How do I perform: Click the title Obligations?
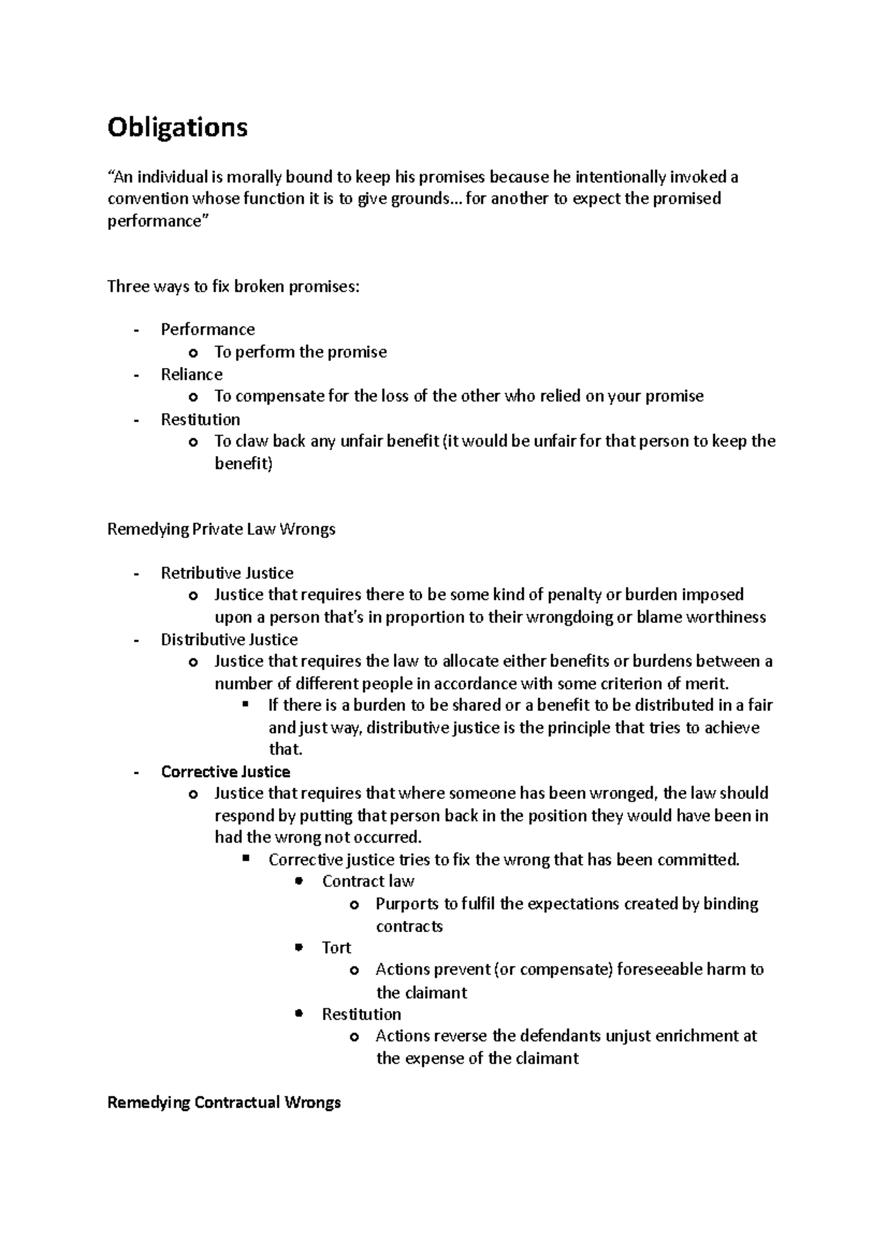point(177,128)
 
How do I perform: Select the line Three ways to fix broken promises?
point(234,287)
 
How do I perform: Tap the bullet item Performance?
point(208,330)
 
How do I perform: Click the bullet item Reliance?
point(191,375)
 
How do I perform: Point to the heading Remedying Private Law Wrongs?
point(221,529)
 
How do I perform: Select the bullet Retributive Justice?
point(227,574)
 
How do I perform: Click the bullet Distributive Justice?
point(229,640)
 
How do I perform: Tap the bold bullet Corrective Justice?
point(225,772)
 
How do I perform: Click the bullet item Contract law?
point(368,882)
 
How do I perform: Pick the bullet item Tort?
point(336,948)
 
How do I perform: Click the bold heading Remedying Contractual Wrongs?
point(224,1103)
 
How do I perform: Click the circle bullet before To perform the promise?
point(194,353)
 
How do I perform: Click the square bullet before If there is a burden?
point(247,705)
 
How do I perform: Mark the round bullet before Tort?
point(299,948)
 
